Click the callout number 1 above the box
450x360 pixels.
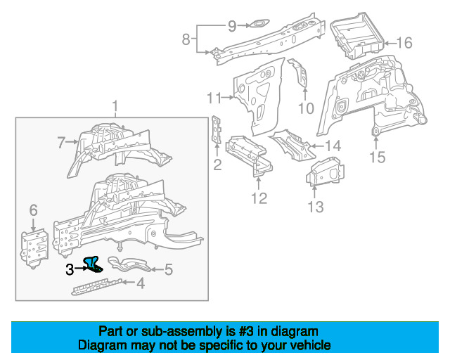pyautogui.click(x=115, y=107)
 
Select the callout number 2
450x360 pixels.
pyautogui.click(x=217, y=165)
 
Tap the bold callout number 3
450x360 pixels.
pyautogui.click(x=70, y=269)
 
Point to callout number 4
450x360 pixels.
pyautogui.click(x=141, y=284)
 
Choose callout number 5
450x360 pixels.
pyautogui.click(x=168, y=269)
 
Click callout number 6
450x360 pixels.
pyautogui.click(x=32, y=210)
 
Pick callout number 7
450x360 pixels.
pyautogui.click(x=61, y=144)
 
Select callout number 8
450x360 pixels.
pyautogui.click(x=186, y=39)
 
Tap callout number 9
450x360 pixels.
pyautogui.click(x=232, y=27)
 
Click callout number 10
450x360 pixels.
pyautogui.click(x=305, y=108)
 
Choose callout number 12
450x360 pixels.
pyautogui.click(x=259, y=198)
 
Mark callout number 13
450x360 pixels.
pyautogui.click(x=316, y=206)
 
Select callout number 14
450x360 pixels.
pyautogui.click(x=333, y=146)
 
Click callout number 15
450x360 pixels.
pyautogui.click(x=378, y=157)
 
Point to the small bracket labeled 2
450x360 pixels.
pyautogui.click(x=216, y=131)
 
